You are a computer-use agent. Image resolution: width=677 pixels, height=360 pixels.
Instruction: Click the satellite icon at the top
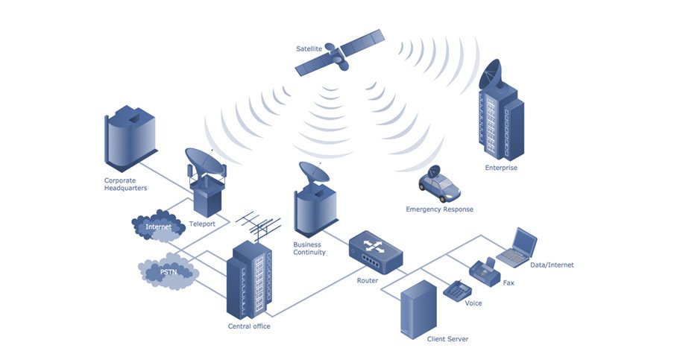click(339, 54)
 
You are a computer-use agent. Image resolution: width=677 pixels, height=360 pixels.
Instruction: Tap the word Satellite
click(309, 48)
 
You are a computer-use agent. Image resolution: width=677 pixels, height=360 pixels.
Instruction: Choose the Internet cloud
click(157, 227)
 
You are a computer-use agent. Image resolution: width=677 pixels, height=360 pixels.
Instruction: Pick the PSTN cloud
click(169, 273)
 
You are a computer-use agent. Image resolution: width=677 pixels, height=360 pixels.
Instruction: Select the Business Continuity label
click(309, 248)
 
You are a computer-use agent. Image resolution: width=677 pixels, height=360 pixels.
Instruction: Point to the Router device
click(375, 252)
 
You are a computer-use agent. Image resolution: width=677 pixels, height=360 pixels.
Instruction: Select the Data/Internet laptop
click(517, 247)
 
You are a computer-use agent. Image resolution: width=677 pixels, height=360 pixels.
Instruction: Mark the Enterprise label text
click(501, 168)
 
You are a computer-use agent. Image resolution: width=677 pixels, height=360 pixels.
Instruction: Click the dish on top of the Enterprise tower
click(493, 73)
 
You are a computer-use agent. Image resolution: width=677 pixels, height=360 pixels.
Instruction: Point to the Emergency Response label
click(438, 209)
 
